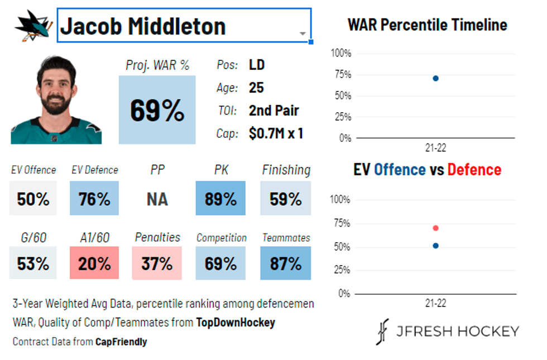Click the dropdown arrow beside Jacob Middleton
303,33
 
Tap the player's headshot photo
56,100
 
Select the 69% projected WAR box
157,110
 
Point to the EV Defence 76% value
94,199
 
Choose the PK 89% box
220,199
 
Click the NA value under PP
157,199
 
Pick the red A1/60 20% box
94,263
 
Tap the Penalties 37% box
157,263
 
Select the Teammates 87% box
286,263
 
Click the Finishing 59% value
286,199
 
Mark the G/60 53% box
33,263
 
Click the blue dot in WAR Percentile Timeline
435,78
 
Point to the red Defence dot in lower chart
435,228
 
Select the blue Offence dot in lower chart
435,246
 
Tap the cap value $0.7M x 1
276,133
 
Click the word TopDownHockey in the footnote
235,323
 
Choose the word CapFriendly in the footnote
121,342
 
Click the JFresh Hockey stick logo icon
383,332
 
